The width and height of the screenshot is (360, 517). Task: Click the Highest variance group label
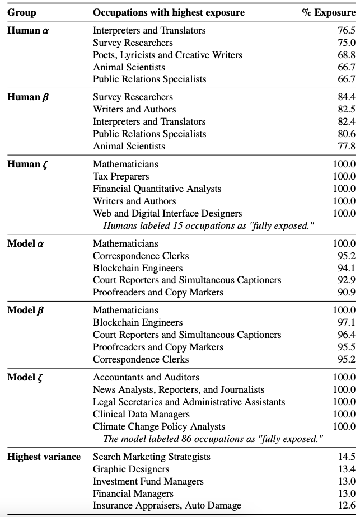[44, 457]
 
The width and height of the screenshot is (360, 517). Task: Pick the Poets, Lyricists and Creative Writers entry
[167, 55]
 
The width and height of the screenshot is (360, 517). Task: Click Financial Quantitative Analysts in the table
[157, 189]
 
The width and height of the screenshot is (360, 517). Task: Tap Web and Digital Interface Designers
[167, 213]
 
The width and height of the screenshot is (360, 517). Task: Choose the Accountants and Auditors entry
[146, 377]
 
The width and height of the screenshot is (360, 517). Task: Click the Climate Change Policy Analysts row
[159, 426]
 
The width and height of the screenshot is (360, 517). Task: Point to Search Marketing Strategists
[152, 457]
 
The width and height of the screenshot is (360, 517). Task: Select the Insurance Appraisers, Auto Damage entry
[167, 506]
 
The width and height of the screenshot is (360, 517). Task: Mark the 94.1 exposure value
[346, 268]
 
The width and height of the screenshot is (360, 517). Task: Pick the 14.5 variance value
[346, 457]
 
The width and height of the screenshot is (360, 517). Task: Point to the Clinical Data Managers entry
[141, 414]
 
